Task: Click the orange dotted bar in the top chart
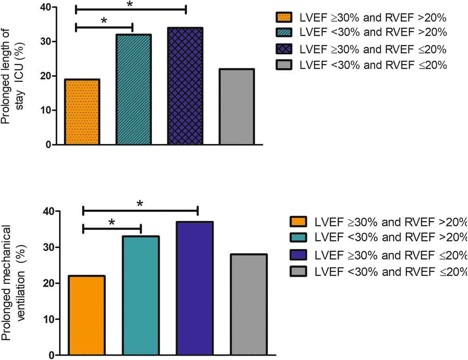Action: [82, 112]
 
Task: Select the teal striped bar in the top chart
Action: [134, 89]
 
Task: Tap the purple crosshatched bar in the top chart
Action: [185, 86]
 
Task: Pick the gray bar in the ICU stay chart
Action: [237, 107]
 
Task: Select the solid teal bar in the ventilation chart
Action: [141, 295]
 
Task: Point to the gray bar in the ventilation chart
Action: [249, 304]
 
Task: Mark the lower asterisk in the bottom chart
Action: [112, 222]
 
